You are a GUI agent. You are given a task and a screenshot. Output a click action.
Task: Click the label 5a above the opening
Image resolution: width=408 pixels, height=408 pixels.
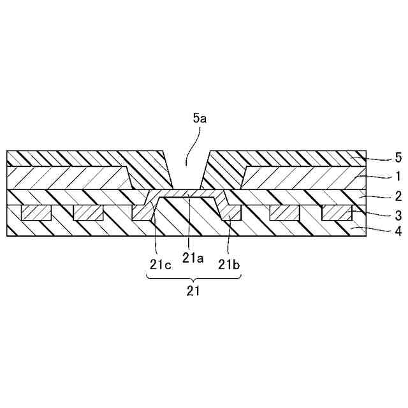click(x=200, y=118)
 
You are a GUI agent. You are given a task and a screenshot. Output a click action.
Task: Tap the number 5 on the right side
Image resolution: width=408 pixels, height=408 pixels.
click(x=380, y=157)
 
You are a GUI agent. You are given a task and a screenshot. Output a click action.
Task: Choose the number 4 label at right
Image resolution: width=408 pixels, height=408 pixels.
click(x=380, y=232)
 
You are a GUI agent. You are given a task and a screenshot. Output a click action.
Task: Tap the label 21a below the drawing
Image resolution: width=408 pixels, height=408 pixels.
click(x=193, y=258)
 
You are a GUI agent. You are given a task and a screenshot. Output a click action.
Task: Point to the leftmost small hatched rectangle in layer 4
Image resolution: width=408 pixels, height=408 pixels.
click(x=36, y=213)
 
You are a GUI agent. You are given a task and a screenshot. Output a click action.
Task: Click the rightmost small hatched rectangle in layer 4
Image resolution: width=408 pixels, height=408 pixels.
click(x=337, y=213)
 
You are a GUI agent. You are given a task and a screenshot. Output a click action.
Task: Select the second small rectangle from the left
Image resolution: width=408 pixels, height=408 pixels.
click(x=88, y=213)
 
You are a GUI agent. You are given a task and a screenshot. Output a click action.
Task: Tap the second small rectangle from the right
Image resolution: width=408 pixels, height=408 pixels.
click(x=284, y=213)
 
